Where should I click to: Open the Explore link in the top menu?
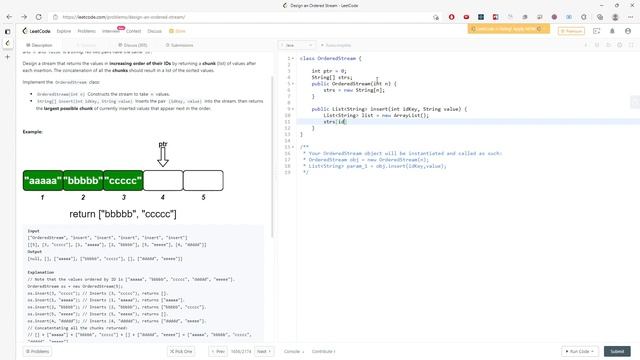pyautogui.click(x=64, y=31)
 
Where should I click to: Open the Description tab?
pyautogui.click(x=41, y=45)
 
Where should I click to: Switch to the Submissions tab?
pyautogui.click(x=180, y=45)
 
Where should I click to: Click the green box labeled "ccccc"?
pyautogui.click(x=123, y=181)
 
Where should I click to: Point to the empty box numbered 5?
pyautogui.click(x=203, y=181)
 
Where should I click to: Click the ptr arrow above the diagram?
pyautogui.click(x=163, y=155)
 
